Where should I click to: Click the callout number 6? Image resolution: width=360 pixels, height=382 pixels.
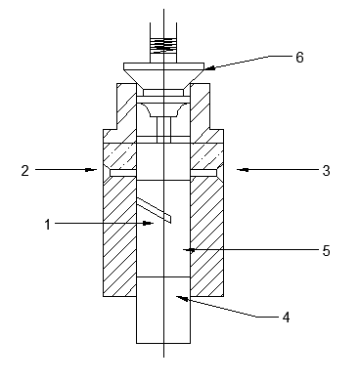click(x=299, y=58)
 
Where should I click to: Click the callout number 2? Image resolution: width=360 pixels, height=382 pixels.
click(x=25, y=171)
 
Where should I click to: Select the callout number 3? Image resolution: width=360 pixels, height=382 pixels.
click(x=326, y=171)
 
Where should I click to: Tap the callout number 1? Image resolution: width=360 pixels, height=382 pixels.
click(x=48, y=225)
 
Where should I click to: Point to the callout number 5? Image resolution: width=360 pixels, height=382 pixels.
click(x=326, y=251)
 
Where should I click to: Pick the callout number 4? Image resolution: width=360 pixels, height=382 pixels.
click(x=286, y=318)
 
